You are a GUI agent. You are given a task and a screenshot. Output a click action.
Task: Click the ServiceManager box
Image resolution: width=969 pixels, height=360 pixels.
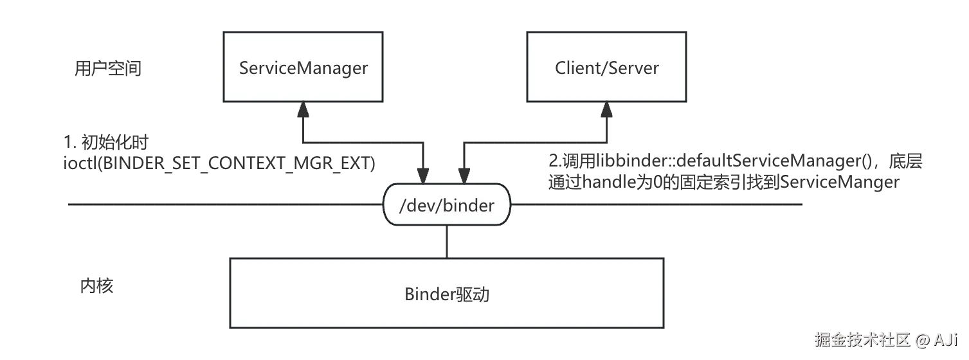303,67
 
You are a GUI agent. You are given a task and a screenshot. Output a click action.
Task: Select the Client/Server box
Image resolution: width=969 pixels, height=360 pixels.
606,67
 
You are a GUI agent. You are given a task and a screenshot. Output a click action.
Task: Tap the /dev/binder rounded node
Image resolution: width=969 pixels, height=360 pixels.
447,205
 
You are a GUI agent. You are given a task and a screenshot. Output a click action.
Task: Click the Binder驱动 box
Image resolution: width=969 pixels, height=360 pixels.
447,294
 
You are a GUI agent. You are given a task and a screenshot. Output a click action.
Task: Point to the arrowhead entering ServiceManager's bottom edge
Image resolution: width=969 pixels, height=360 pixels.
303,111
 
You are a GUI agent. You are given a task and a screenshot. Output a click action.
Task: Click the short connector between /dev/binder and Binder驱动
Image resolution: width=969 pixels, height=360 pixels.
447,242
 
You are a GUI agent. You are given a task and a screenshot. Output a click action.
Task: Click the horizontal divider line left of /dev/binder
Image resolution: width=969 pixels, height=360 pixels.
225,204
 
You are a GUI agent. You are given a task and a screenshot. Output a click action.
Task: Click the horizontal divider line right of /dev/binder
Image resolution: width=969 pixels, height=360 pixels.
656,204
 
